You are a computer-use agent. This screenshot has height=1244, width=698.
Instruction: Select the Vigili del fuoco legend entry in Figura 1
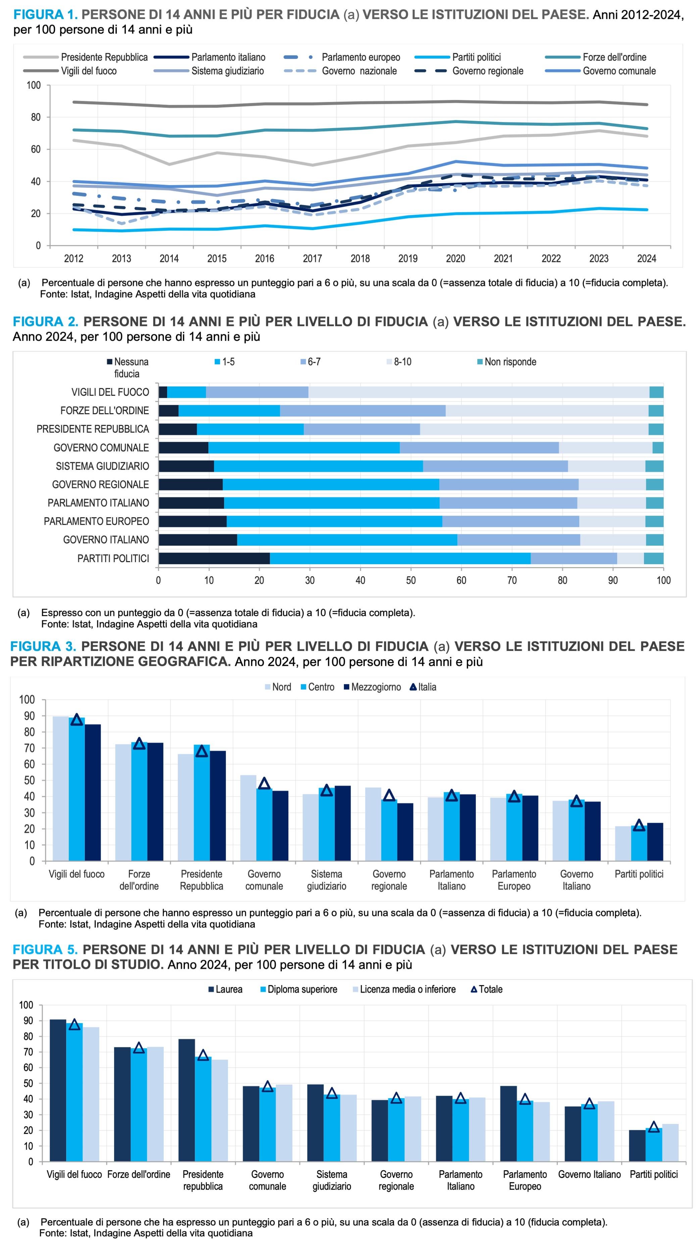(x=88, y=71)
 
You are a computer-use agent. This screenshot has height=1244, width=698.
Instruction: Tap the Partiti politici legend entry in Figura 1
(x=476, y=57)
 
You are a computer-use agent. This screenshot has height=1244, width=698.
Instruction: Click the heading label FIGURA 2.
(x=45, y=322)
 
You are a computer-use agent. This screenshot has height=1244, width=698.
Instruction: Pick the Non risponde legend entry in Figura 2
(x=510, y=362)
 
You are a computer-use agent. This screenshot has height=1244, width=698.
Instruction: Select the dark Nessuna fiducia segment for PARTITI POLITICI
(x=214, y=558)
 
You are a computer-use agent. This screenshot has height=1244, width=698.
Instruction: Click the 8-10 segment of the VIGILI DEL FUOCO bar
(x=478, y=392)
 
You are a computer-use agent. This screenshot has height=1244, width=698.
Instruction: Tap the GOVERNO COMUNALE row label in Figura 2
(x=101, y=448)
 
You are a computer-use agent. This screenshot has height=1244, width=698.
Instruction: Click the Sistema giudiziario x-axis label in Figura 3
(x=327, y=880)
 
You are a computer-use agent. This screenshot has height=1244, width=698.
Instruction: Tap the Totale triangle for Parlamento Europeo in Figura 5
(x=525, y=1099)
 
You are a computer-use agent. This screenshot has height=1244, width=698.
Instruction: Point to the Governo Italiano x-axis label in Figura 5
(x=589, y=1175)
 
